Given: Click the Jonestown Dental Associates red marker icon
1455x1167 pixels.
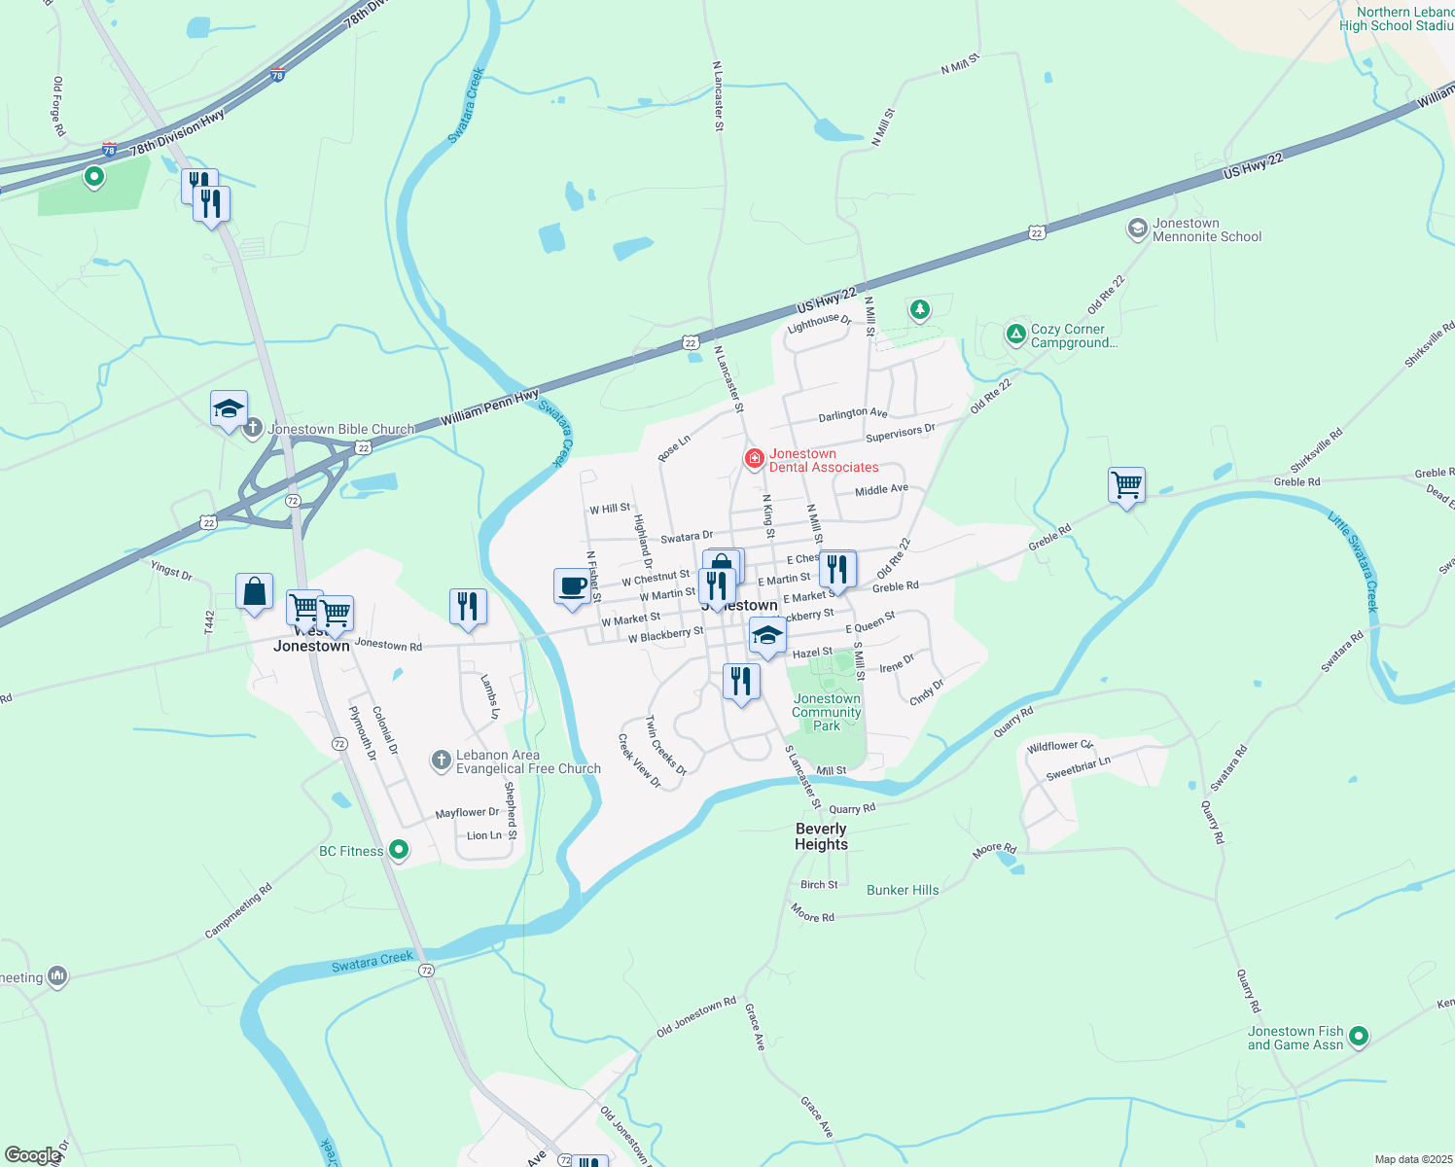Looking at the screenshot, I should [754, 458].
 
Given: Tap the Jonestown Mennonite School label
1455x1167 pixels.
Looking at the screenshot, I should [1206, 230].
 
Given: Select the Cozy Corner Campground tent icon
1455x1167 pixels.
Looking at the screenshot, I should [1015, 334].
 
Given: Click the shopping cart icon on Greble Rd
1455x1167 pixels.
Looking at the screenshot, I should [1126, 483].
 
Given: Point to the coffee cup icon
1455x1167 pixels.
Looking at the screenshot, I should [572, 586].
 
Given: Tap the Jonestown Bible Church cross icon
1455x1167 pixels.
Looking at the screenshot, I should [253, 427].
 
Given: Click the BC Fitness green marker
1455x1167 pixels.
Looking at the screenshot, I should [398, 850].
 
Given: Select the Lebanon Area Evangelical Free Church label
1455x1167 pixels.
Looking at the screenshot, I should [528, 761].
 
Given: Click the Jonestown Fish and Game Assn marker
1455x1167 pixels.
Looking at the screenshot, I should [1359, 1037].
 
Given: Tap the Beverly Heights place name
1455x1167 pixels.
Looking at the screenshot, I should [821, 836].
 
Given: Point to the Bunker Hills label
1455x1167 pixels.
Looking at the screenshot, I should [903, 890].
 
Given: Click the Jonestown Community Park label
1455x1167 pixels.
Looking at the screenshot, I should [827, 712].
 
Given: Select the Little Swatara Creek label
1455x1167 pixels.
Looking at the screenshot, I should [1354, 561].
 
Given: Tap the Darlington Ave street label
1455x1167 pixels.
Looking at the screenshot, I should [852, 414].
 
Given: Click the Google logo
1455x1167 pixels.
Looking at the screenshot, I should [32, 1155].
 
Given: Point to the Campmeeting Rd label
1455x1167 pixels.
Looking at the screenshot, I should [238, 911].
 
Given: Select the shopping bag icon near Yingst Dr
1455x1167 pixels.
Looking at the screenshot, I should [254, 591].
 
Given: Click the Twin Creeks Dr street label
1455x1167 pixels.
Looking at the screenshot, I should [666, 746].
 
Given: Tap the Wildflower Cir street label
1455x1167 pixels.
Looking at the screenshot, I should [1060, 746].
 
